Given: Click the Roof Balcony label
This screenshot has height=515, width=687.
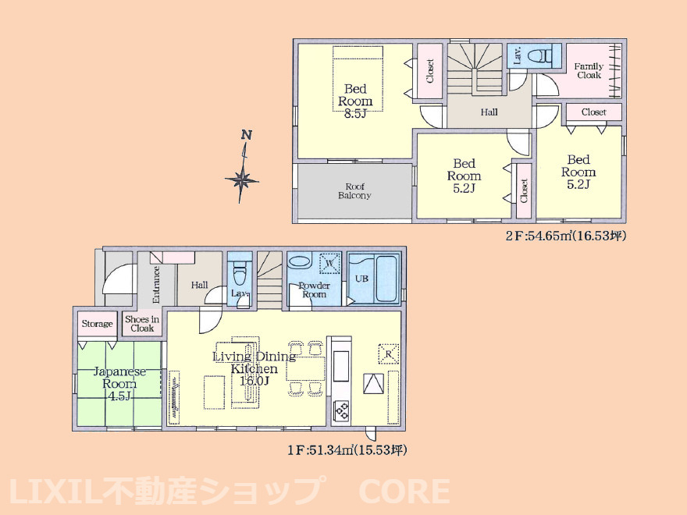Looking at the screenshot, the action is (x=354, y=191).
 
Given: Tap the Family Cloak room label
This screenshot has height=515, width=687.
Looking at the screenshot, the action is (x=589, y=70).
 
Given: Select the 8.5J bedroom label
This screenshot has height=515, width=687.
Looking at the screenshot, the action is (x=355, y=101).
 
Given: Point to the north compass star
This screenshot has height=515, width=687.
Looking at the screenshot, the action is (x=242, y=179).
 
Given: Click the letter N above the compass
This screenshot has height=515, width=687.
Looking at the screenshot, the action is (x=247, y=135).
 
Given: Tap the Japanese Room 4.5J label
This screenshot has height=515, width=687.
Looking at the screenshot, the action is (x=119, y=384).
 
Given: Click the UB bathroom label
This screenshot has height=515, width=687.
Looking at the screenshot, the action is (x=361, y=278).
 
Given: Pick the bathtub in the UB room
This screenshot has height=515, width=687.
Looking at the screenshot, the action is (x=386, y=279).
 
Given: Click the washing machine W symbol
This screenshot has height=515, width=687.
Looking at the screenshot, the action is (x=330, y=264).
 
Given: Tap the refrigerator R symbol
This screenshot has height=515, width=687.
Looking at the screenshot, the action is (x=389, y=353).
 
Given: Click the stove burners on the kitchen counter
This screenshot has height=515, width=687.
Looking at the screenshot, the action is (x=341, y=411).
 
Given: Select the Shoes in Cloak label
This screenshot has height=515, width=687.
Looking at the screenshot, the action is (x=142, y=324).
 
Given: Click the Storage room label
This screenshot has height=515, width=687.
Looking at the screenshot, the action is (x=98, y=324).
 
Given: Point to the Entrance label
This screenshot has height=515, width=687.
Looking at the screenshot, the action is (x=156, y=285).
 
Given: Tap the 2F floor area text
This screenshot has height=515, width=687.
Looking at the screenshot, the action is (x=566, y=236).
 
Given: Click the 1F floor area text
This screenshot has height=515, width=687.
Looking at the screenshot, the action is (x=347, y=449).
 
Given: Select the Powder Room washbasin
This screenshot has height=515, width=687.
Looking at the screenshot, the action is (x=300, y=263).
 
